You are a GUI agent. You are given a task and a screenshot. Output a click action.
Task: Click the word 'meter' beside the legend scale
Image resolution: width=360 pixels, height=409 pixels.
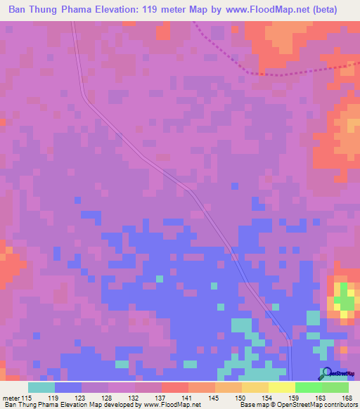11,398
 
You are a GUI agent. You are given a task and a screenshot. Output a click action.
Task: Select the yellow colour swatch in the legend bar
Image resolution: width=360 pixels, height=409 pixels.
281,387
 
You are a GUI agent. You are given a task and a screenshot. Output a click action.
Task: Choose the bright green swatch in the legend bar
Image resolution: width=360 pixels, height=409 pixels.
308,387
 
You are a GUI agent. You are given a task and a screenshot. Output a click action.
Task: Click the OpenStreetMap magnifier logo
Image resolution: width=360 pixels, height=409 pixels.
326,373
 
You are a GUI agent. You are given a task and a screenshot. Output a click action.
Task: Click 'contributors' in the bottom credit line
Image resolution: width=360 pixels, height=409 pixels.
340,405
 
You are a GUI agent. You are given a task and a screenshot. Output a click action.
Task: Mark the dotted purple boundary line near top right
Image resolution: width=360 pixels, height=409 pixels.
281,73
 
